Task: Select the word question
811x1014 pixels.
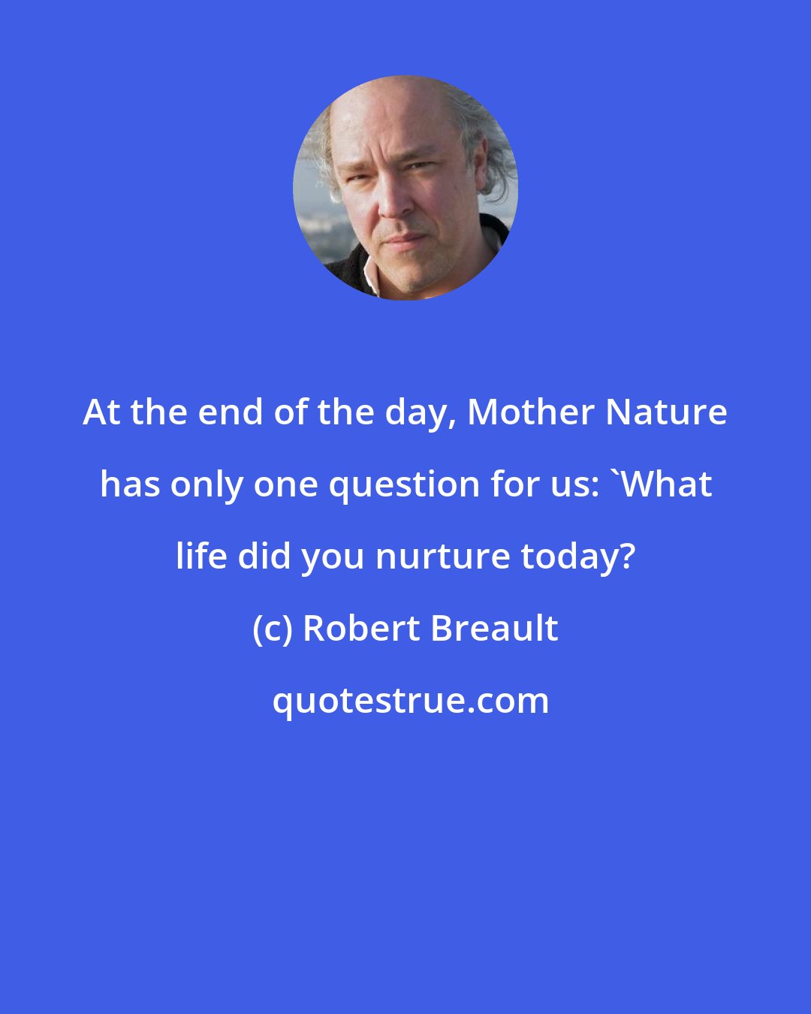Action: (x=415, y=484)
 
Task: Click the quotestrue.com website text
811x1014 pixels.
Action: (x=410, y=700)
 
